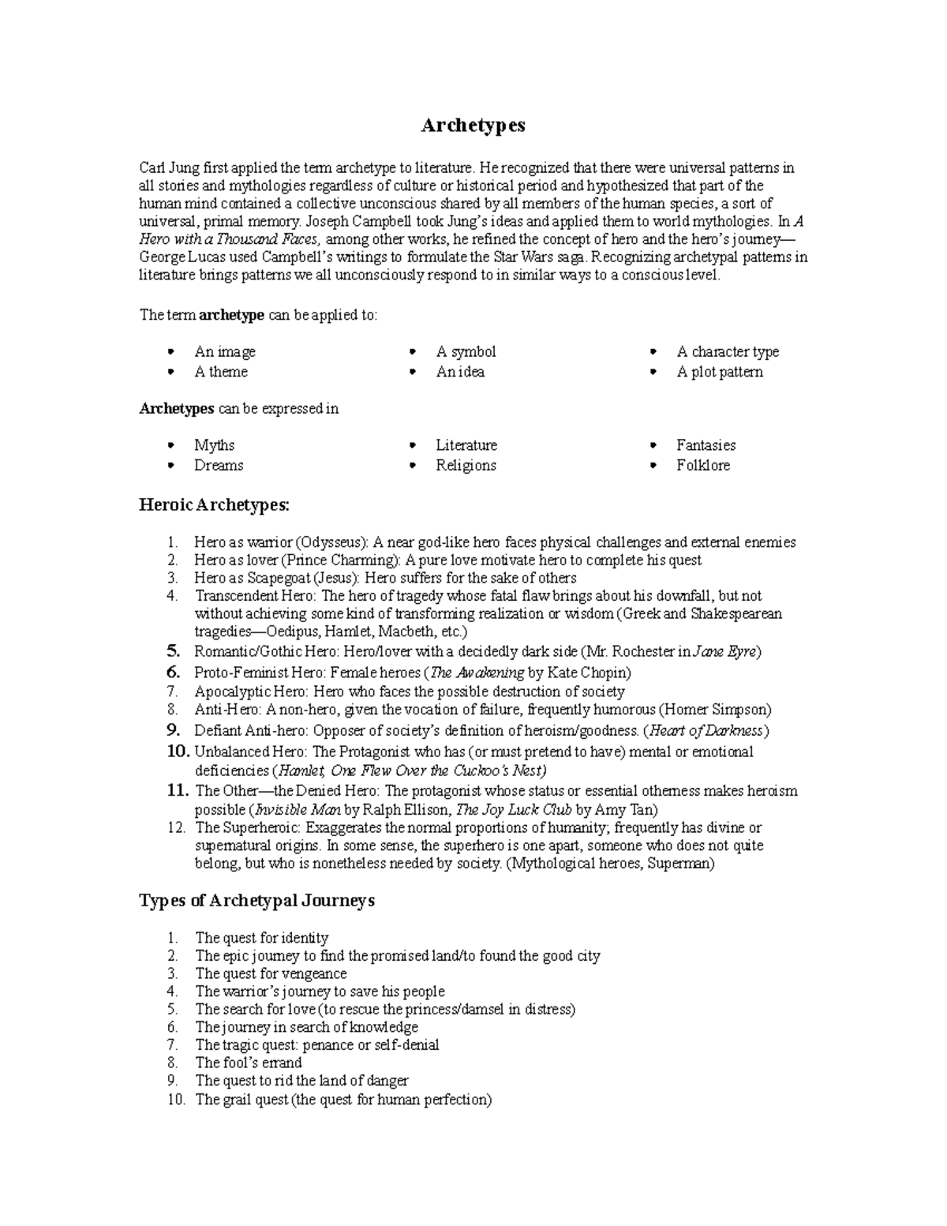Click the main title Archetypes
coord(473,126)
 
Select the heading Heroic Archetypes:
coord(215,504)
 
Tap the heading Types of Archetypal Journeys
coord(256,901)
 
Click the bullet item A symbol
coord(466,352)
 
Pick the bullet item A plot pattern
coord(719,372)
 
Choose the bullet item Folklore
coord(702,466)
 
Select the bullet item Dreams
coord(219,466)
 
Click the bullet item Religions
coord(466,466)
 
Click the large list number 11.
coord(178,790)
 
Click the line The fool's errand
coord(249,1063)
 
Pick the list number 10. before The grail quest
coord(175,1100)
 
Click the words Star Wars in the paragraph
coord(520,257)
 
